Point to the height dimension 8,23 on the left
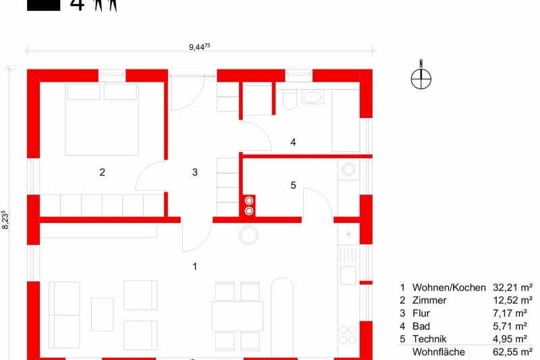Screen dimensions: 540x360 [x=5, y=220]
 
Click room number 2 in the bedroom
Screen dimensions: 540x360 [x=102, y=172]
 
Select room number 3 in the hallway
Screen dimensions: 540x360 [x=194, y=172]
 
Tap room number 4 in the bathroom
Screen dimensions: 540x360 [x=293, y=142]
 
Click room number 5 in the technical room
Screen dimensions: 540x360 [x=293, y=185]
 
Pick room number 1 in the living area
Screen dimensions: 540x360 [x=195, y=266]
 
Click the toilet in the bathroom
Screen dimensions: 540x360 [x=290, y=99]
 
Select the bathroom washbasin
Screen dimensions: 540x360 [x=313, y=97]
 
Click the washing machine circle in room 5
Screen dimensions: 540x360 [x=348, y=170]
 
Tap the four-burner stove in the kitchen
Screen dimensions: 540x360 [x=348, y=335]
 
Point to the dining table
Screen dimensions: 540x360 [x=238, y=316]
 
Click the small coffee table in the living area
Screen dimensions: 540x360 [x=103, y=315]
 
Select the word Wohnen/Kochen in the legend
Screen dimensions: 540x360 [x=449, y=288]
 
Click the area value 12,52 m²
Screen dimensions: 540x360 [x=513, y=301]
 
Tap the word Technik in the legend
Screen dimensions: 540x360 [x=429, y=339]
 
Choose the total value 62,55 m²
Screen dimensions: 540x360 [x=513, y=352]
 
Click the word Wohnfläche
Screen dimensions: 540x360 [x=438, y=352]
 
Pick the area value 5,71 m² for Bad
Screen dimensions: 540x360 [x=510, y=326]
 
